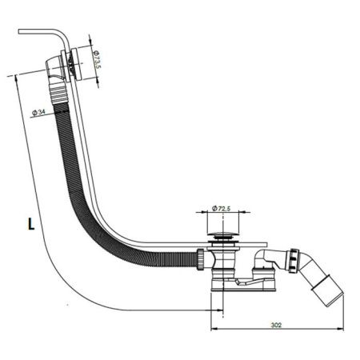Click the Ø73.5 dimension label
[x=97, y=59]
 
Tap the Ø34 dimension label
[x=38, y=112]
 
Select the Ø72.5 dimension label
[x=221, y=208]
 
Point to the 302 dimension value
[x=276, y=325]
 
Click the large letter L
[x=31, y=224]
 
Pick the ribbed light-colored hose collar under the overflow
[x=58, y=94]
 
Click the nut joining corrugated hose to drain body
[x=201, y=259]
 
